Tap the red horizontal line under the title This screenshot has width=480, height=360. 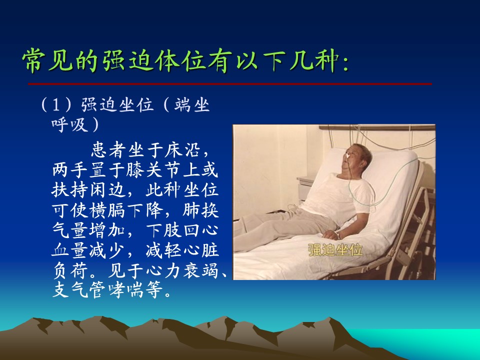click(230, 83)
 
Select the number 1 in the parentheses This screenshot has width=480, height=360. click(56, 104)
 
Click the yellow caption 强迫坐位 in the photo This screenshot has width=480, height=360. click(335, 249)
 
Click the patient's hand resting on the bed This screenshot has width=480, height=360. click(330, 235)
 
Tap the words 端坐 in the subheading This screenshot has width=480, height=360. click(192, 104)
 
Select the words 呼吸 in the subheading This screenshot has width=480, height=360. click(70, 124)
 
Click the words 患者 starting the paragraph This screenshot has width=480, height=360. click(109, 150)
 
